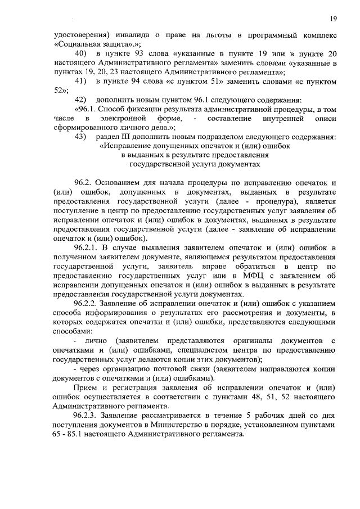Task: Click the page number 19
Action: point(333,19)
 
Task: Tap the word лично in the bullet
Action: point(95,341)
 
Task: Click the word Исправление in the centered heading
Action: point(133,146)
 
